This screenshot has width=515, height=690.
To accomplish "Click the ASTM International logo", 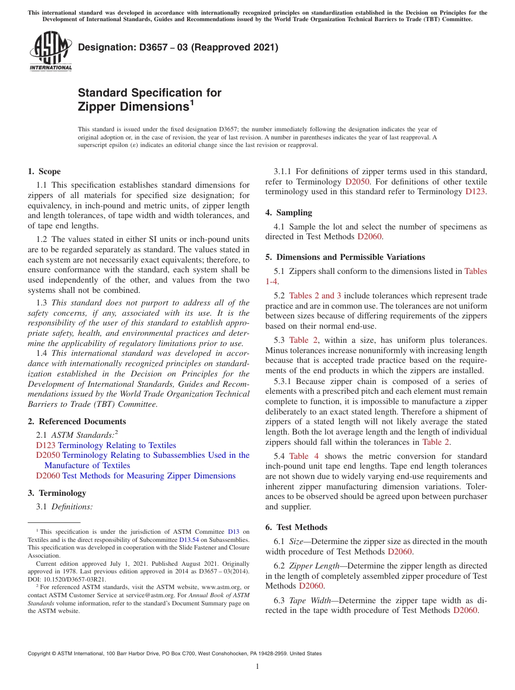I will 50,51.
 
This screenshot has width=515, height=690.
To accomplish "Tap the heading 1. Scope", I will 44,171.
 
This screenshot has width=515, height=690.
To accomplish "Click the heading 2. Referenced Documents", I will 76,421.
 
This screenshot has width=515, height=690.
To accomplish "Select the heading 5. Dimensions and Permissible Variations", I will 345,257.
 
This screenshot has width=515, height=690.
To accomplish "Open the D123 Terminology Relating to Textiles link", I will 106,445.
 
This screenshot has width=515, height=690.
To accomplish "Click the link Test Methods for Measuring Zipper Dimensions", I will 149,476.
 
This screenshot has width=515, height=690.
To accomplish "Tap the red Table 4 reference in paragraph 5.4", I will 304,456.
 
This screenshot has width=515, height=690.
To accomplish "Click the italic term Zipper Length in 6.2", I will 312,566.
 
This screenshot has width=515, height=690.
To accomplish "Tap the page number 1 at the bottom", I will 257,666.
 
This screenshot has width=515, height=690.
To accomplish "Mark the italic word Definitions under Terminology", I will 72,507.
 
